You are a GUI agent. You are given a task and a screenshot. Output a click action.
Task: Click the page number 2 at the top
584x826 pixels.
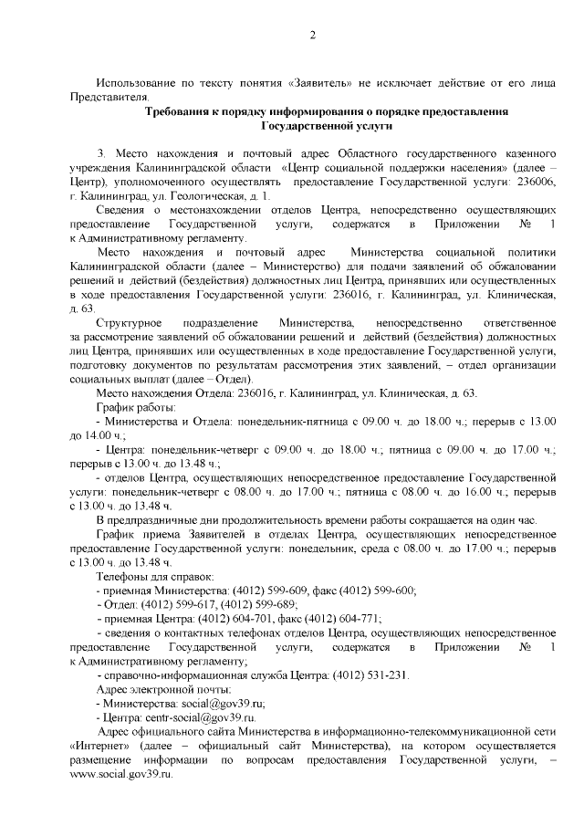tap(312, 36)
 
